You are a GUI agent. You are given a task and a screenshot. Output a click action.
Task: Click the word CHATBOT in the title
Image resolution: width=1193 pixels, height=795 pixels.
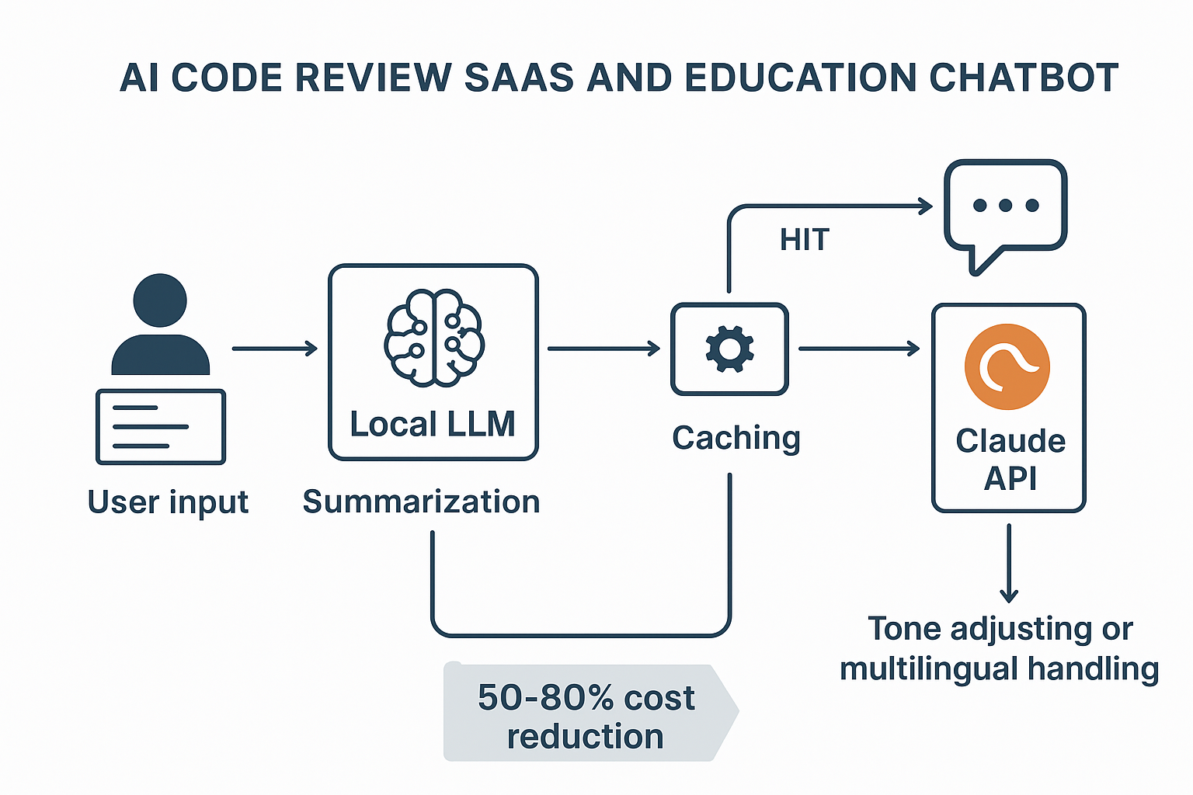tap(1024, 78)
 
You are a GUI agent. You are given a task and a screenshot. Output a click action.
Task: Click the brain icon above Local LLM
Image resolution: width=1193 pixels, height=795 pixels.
tap(434, 338)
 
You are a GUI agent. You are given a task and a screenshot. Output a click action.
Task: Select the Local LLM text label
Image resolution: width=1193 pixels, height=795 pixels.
tap(433, 425)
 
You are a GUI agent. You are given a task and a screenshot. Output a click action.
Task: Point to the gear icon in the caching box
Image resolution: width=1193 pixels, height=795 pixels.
tap(729, 349)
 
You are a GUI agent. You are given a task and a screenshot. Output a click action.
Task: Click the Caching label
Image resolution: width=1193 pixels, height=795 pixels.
tap(736, 438)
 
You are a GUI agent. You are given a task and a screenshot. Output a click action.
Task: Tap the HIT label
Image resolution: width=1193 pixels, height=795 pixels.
tap(805, 240)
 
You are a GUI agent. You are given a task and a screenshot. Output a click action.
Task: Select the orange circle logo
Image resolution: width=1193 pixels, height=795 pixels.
tap(1007, 366)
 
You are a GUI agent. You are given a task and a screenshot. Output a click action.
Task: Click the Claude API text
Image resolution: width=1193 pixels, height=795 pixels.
tap(1010, 459)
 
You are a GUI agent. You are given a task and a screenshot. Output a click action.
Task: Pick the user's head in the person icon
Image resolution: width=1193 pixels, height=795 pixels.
tap(160, 300)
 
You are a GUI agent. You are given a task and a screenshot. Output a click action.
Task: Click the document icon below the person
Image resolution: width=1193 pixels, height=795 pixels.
tap(161, 427)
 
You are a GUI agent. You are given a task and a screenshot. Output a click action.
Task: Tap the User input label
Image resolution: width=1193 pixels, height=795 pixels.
tap(168, 502)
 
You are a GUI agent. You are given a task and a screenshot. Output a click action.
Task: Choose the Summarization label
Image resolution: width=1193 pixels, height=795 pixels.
tap(421, 502)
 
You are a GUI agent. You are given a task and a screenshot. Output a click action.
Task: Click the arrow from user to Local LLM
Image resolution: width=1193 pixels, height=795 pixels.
tap(275, 349)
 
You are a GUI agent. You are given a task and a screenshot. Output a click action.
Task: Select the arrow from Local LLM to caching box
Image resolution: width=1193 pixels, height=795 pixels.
tap(603, 349)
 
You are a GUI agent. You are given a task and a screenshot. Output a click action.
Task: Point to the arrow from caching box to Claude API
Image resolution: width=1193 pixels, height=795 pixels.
tap(859, 349)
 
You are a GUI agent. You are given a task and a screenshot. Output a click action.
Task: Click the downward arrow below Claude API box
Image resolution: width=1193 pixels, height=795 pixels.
tap(1008, 563)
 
